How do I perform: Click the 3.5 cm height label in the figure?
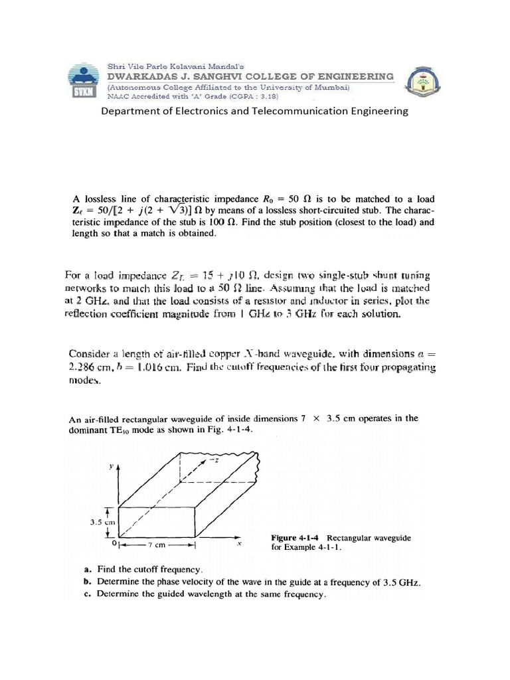tap(104, 522)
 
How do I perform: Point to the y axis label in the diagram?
tap(112, 467)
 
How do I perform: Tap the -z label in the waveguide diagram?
tap(214, 462)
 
